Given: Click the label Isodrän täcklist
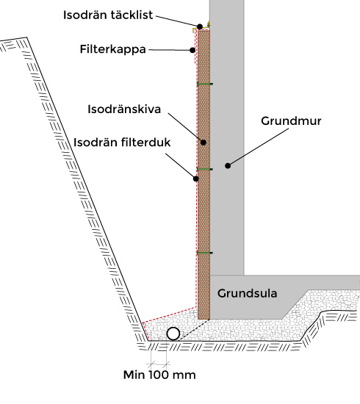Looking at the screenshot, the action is tap(108, 15).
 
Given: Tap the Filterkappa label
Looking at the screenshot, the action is tap(113, 49).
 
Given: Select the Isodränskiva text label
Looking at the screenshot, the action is tap(124, 109).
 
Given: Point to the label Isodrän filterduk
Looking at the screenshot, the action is tap(122, 143).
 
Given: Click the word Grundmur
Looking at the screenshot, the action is tap(291, 121).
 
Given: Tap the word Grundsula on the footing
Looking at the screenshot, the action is tap(247, 293).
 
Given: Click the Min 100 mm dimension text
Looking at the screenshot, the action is tap(159, 375).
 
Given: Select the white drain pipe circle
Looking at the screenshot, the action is tap(173, 334).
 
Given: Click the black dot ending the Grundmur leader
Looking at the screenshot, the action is tap(228, 166).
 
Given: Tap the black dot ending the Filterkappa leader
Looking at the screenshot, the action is tap(192, 50).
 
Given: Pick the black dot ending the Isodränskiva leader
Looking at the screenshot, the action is tap(204, 142).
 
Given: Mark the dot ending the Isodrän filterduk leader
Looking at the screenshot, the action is tap(196, 178).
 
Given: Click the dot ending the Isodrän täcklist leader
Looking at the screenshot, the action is tap(200, 26).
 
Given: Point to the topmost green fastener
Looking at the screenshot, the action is tap(205, 84).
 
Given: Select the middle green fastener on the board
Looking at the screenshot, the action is tap(205, 169).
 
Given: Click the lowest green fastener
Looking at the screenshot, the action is tap(205, 253).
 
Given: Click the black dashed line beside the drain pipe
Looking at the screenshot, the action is tap(194, 330).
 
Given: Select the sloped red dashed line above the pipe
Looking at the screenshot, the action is tap(169, 314).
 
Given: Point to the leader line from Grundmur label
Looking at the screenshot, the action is tap(259, 147).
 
